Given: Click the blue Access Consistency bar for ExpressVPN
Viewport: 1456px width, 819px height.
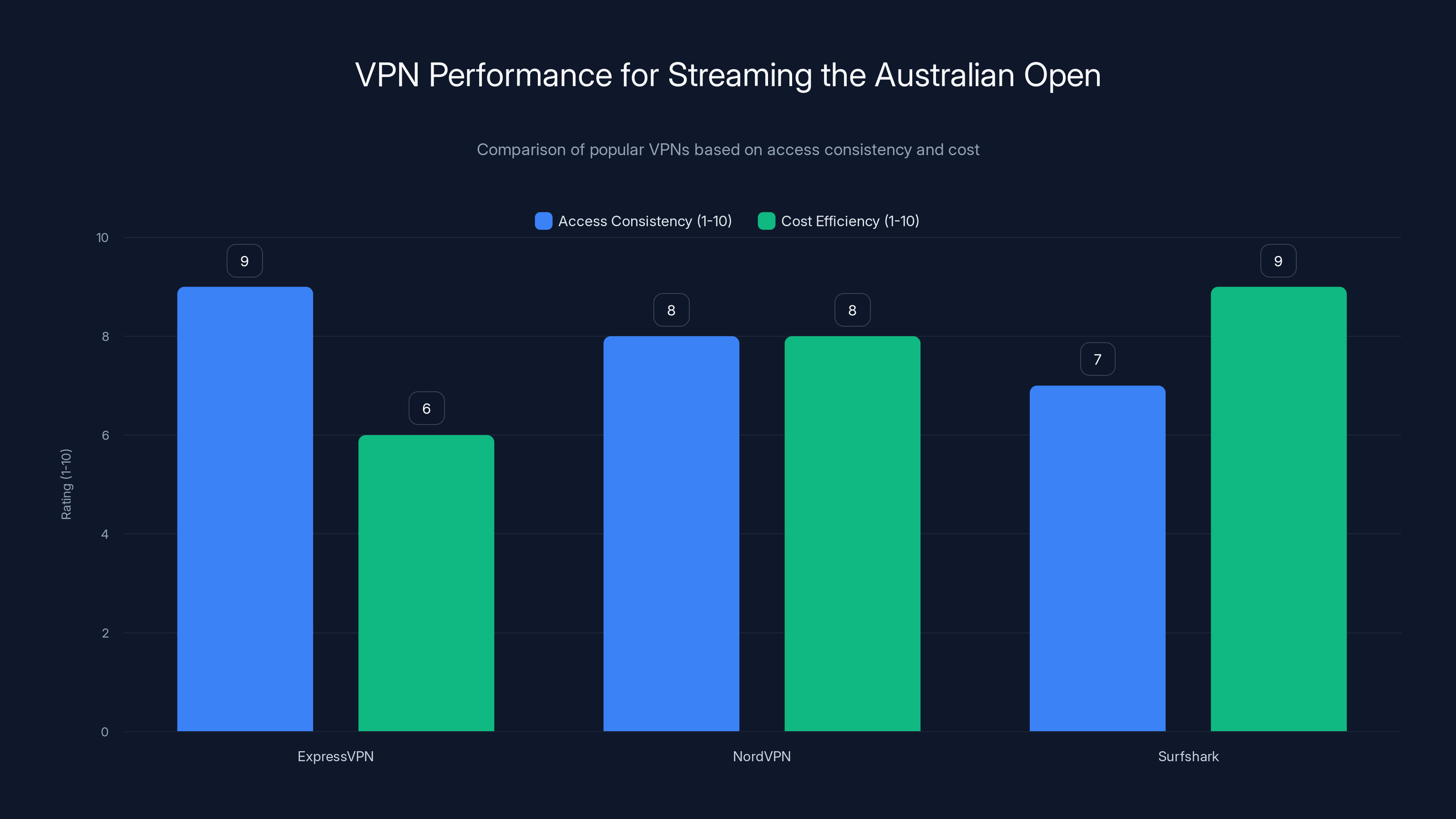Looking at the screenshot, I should pos(245,509).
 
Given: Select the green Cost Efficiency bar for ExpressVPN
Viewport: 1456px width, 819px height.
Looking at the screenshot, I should pos(426,582).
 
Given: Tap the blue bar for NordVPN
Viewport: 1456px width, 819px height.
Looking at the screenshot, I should pos(671,534).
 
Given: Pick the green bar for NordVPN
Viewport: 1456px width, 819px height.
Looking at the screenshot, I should pos(852,534).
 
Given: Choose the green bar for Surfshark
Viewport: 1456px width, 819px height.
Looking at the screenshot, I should pos(1279,509).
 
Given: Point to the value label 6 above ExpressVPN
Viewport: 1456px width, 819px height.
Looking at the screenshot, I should pos(426,408).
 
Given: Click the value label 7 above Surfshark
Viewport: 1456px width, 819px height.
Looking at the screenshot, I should pos(1097,359).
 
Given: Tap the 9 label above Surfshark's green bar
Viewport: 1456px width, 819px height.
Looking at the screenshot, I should pos(1278,261).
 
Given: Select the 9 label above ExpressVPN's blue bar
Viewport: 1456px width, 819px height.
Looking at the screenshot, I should pos(244,261).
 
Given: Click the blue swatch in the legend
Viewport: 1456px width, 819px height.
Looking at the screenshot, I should pos(543,221).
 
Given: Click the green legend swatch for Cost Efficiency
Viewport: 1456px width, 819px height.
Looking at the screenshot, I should pos(766,221).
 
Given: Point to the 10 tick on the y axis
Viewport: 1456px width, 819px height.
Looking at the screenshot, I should pos(102,238).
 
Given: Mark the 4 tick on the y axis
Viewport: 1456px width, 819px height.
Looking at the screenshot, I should pos(105,534).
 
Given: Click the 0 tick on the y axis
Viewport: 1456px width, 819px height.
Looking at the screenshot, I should pos(105,732).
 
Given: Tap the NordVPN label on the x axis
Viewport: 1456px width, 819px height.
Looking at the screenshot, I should pos(761,756).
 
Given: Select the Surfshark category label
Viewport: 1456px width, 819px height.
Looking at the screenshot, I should pos(1188,756).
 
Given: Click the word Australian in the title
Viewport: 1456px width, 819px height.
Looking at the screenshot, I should pos(945,75).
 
